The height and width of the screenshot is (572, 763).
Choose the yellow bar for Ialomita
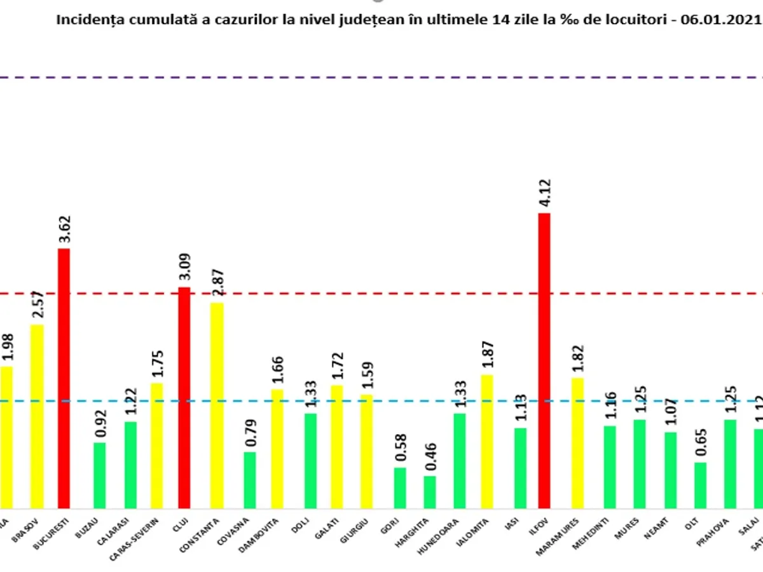[x=486, y=442]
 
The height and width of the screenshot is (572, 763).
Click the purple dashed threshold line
[x=381, y=78]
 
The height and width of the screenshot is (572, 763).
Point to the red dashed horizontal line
[x=381, y=294]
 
